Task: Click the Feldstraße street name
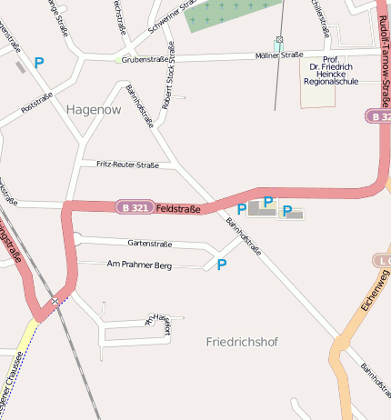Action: coord(178,208)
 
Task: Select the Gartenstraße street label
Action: coord(150,244)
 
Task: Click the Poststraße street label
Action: coord(37,103)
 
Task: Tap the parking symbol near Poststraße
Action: coord(38,63)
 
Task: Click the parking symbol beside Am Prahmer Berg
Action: coord(221,265)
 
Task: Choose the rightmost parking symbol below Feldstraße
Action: coord(287,211)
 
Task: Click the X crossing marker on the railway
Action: coord(55,300)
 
